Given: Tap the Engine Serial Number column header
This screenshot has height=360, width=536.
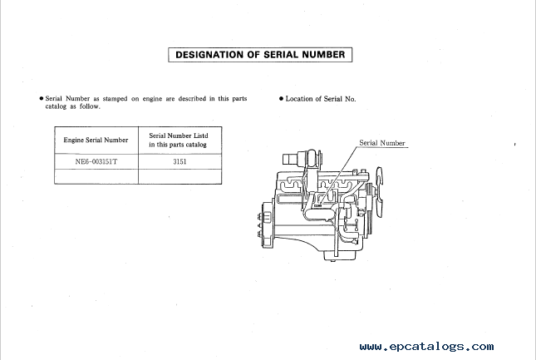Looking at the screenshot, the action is (96, 141).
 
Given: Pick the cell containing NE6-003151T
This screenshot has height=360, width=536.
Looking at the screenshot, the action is (96, 162).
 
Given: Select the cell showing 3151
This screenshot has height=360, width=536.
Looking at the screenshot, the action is (180, 162).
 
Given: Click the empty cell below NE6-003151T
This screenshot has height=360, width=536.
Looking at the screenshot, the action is (96, 176).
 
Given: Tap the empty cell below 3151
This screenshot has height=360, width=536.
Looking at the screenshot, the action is (180, 176).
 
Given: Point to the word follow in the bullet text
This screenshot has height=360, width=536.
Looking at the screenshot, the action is (90, 106).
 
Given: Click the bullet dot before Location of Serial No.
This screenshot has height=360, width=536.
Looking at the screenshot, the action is (282, 99).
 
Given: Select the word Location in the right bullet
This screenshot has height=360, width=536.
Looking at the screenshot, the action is (299, 99).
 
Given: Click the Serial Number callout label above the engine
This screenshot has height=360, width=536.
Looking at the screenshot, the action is (381, 143).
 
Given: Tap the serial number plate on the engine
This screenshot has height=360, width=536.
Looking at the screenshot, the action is (317, 206).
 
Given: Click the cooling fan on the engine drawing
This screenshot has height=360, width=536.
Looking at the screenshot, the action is (379, 191).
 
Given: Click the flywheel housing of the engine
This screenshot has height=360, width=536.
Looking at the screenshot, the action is (266, 224).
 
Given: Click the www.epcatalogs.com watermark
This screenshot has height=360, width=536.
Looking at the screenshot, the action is (426, 347).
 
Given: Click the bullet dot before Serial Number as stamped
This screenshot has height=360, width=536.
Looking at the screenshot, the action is (42, 99).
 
